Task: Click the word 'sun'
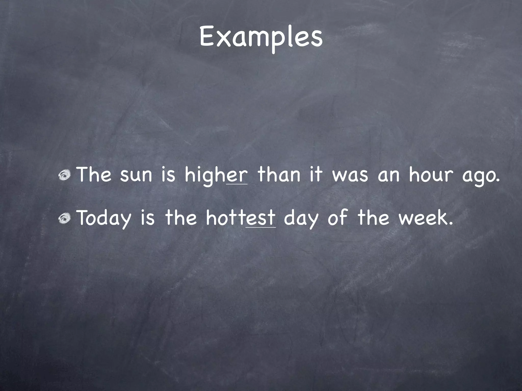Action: pyautogui.click(x=136, y=175)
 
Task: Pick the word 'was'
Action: pyautogui.click(x=350, y=175)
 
